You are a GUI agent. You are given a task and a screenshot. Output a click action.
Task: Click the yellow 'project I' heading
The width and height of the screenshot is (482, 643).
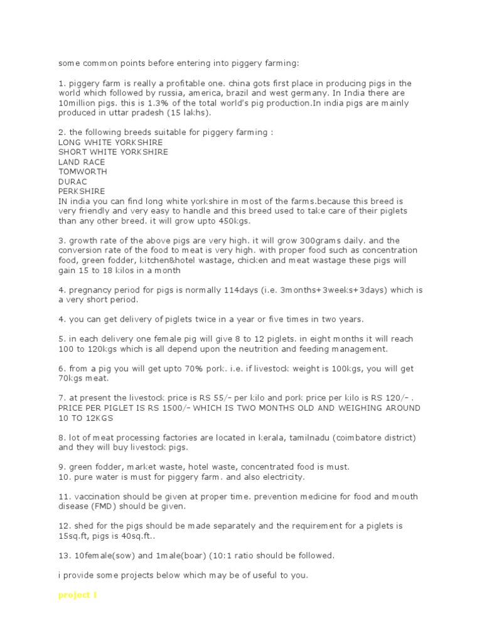77,595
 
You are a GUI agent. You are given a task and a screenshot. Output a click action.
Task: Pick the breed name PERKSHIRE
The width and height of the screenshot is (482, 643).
82,191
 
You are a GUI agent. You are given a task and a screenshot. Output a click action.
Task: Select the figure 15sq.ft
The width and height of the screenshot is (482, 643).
73,536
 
